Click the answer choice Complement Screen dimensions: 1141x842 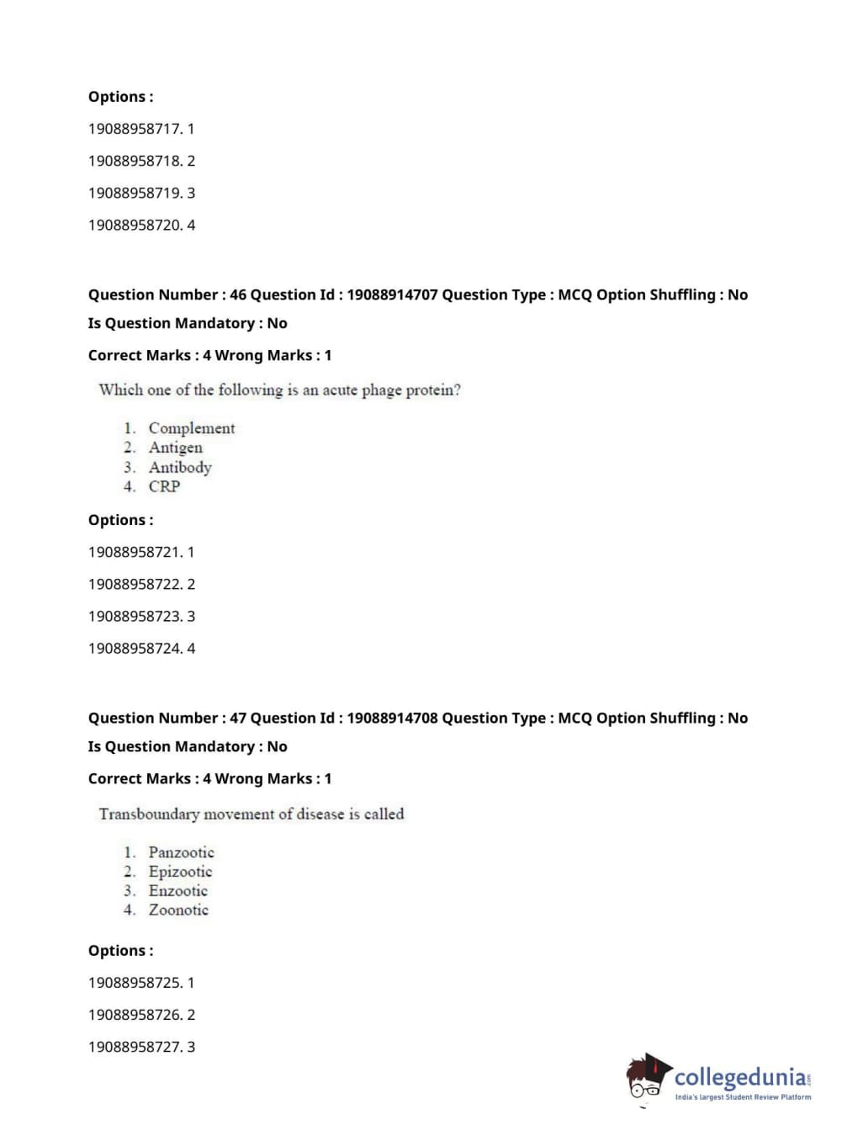[191, 428]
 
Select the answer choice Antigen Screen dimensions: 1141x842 [175, 448]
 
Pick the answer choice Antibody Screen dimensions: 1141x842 [180, 467]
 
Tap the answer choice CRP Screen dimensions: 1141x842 [164, 486]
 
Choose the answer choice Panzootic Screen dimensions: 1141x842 [181, 852]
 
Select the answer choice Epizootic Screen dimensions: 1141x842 [180, 872]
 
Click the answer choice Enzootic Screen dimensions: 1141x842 [177, 891]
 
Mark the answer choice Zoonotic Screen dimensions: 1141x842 [178, 910]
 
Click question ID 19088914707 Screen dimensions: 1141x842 [392, 295]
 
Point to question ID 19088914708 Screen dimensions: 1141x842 [392, 718]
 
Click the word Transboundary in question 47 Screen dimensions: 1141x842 [149, 814]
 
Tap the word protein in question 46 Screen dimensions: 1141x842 [432, 390]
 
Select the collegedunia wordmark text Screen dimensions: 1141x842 [740, 1077]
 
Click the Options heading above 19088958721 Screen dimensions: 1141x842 [120, 520]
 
